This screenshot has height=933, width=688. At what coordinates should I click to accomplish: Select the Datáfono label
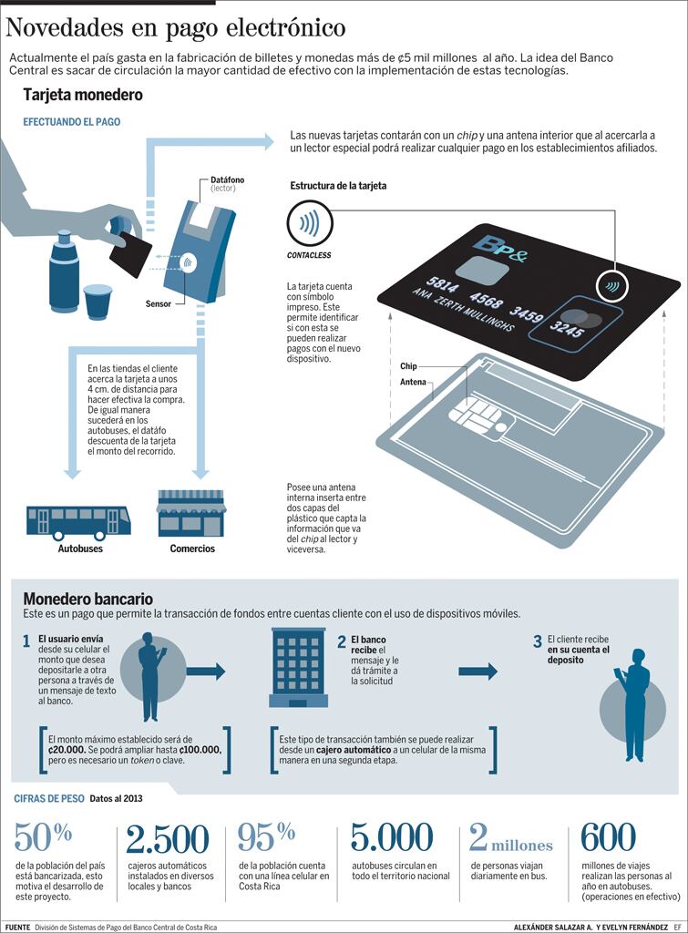coord(227,180)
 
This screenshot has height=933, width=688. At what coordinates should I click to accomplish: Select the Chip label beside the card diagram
coord(408,366)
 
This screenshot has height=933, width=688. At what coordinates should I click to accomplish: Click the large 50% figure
coord(44,836)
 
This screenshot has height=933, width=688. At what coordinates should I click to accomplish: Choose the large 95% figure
coord(266,836)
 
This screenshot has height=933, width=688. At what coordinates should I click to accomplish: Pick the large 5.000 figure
coord(392,837)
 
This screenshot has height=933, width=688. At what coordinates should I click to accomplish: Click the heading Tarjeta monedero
coord(83,95)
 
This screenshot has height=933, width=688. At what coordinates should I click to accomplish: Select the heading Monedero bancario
coord(87,599)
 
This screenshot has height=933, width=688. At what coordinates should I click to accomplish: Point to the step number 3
coord(538,641)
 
